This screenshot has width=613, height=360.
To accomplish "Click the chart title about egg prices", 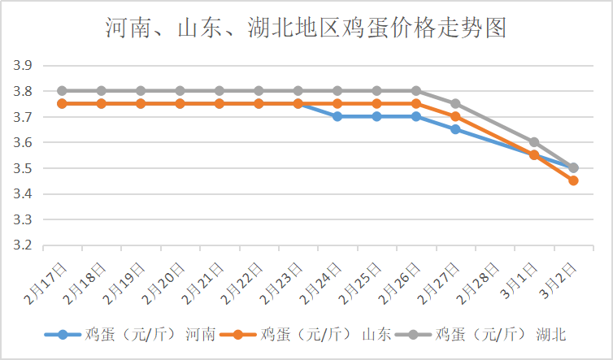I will point(306,29).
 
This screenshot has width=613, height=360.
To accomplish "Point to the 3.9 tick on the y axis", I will point(22,66).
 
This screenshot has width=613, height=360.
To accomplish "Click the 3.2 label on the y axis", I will point(22,245).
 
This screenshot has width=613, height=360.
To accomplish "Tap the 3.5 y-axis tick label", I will point(22,168).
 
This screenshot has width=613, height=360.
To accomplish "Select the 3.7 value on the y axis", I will point(22,117).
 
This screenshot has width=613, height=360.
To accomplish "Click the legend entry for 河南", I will point(130,334).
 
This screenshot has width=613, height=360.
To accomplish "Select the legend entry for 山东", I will point(307,334).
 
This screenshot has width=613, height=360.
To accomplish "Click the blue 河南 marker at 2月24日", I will point(337,117).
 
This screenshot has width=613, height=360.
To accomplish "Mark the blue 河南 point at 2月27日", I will point(455,129).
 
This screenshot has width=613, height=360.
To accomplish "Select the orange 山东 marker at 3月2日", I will point(573,180).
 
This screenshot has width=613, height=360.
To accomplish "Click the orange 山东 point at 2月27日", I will point(455,117).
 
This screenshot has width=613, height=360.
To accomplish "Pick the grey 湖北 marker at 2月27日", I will point(455,104).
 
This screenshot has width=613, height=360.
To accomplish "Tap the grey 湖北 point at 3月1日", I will point(534,142).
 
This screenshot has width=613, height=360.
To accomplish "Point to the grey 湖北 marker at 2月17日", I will point(62,91).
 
